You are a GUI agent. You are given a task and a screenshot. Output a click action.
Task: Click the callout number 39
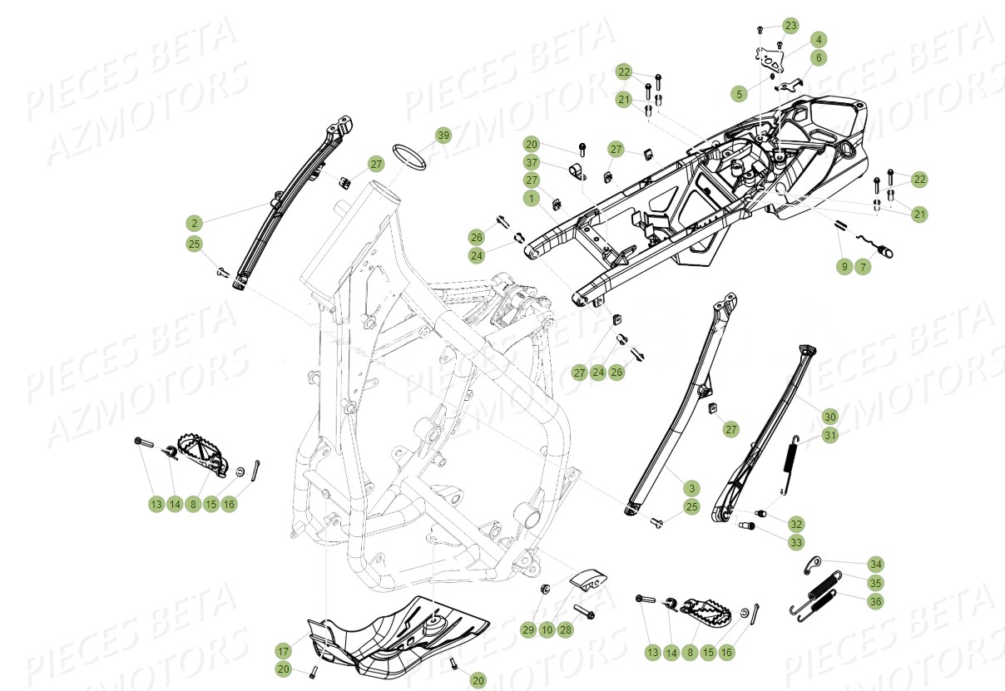[443, 136]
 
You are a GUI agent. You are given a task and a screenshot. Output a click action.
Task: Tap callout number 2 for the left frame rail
[194, 223]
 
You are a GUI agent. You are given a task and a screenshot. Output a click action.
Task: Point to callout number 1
[531, 199]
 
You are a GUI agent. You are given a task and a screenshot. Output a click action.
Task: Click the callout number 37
[531, 161]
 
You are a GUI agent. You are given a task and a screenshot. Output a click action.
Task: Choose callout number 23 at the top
[790, 26]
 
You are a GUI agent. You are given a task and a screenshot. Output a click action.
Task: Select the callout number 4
[819, 40]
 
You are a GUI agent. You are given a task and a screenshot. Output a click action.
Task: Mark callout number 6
[819, 58]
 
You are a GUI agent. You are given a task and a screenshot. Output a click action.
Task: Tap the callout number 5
[739, 94]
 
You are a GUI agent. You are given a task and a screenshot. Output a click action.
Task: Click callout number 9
[844, 266]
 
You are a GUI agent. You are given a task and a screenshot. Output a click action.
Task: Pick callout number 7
[863, 266]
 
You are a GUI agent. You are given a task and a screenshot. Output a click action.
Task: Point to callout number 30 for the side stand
[829, 416]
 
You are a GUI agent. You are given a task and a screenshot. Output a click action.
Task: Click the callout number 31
[829, 435]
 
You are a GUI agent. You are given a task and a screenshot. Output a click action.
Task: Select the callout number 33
[796, 542]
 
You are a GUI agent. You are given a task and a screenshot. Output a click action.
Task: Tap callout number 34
[874, 564]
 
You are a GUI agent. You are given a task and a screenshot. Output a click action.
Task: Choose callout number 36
[874, 600]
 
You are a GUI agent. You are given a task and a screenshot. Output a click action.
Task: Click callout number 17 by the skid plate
[284, 650]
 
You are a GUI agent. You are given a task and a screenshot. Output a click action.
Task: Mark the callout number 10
[547, 630]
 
